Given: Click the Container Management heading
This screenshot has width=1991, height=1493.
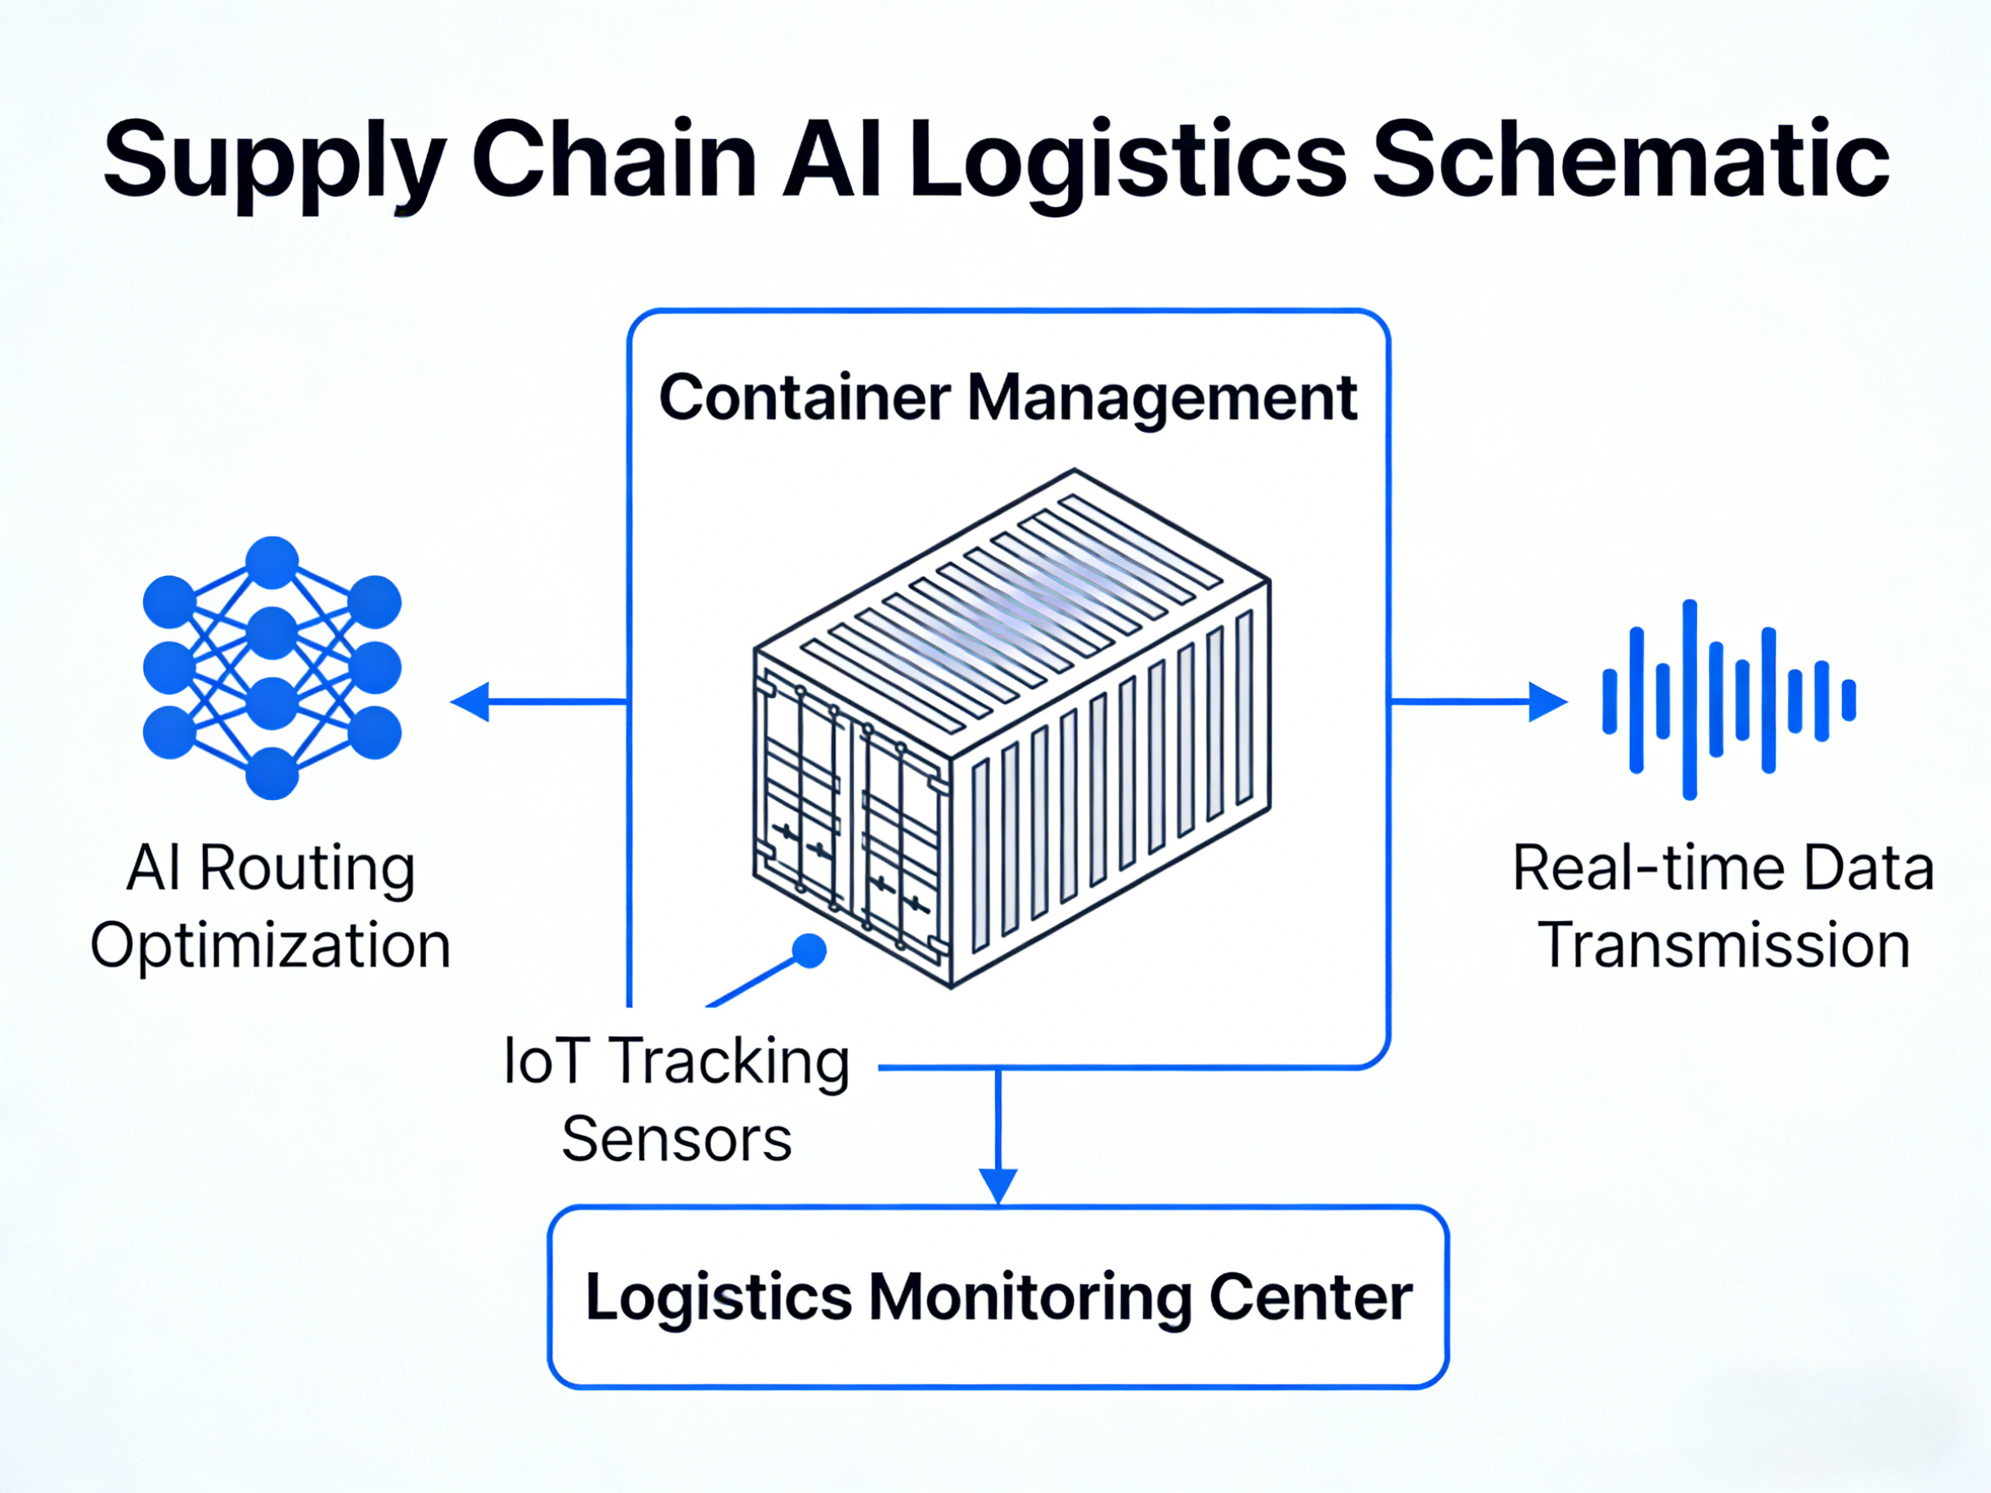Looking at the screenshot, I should tap(1007, 397).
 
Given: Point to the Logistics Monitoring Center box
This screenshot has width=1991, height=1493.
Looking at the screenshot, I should tap(997, 1296).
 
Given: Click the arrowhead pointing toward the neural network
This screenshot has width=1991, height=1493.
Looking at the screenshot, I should tap(469, 701).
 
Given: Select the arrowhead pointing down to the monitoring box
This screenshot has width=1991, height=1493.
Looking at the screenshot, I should tap(997, 1183).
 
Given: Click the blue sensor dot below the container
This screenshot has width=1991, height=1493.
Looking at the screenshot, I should tap(809, 952).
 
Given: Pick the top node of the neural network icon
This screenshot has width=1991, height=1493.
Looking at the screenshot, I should tap(272, 563).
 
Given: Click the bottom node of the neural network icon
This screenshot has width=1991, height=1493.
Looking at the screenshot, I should tap(272, 774).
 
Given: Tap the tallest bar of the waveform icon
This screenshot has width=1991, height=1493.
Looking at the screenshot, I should tap(1689, 699).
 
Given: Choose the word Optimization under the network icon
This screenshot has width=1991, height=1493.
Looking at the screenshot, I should tap(270, 946).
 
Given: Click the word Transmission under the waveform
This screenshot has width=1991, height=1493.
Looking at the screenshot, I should tap(1725, 946).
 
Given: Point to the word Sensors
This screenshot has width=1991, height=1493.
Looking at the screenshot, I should tap(676, 1139).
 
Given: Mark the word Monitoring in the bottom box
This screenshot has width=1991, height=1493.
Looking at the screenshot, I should tap(1030, 1297).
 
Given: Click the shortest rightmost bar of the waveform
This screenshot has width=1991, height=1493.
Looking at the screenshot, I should tap(1849, 700).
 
